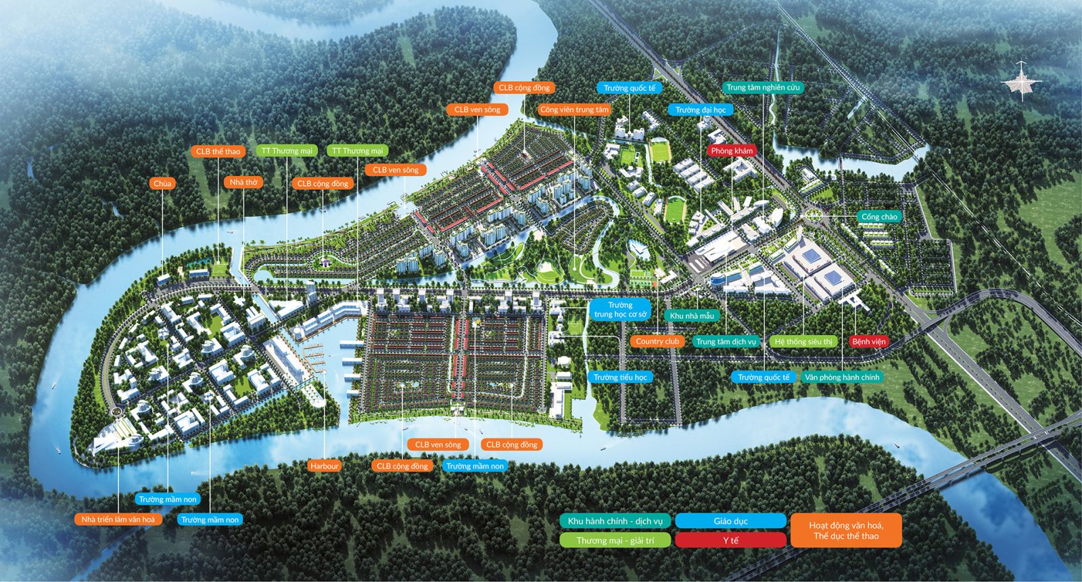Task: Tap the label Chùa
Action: coord(163,183)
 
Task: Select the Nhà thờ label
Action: coord(243,182)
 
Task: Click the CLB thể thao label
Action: coord(218,151)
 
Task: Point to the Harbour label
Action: coord(324,466)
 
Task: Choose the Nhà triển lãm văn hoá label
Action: coord(118,519)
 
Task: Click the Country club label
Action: coord(657,341)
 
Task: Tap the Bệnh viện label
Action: coord(869,341)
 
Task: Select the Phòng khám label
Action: coord(732,150)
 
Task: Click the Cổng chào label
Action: coord(879,217)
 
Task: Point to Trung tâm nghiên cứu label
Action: coord(763,87)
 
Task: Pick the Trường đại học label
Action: coord(701,110)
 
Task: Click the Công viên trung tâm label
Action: coord(574,109)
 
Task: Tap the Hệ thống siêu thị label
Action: coord(803,341)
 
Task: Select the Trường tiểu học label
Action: coord(620,377)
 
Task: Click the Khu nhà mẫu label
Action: coord(692,315)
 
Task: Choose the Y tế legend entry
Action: coord(730,540)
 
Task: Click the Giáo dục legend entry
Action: coord(730,520)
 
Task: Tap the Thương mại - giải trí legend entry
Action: coord(615,540)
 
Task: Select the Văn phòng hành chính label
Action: coord(842,377)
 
